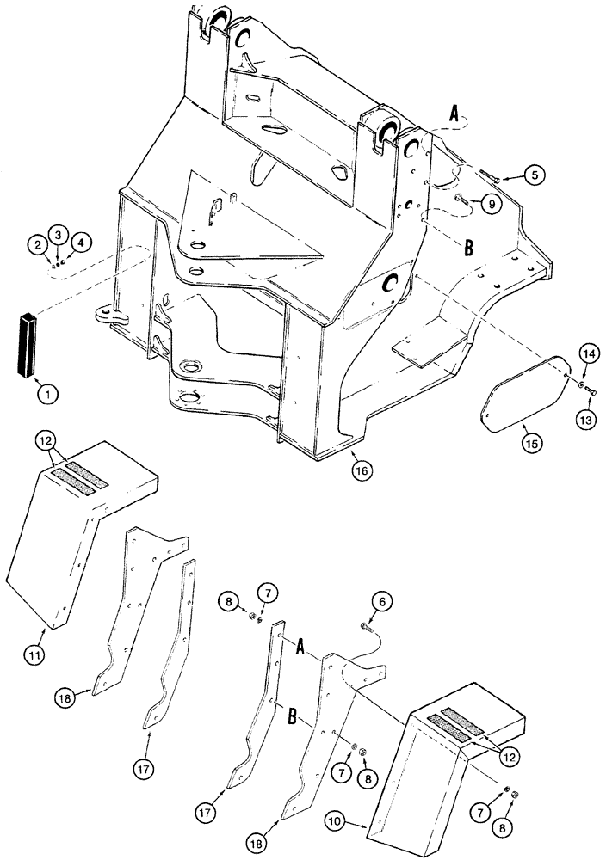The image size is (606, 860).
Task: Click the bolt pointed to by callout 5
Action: click(489, 176)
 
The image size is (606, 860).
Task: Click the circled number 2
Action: click(36, 246)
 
